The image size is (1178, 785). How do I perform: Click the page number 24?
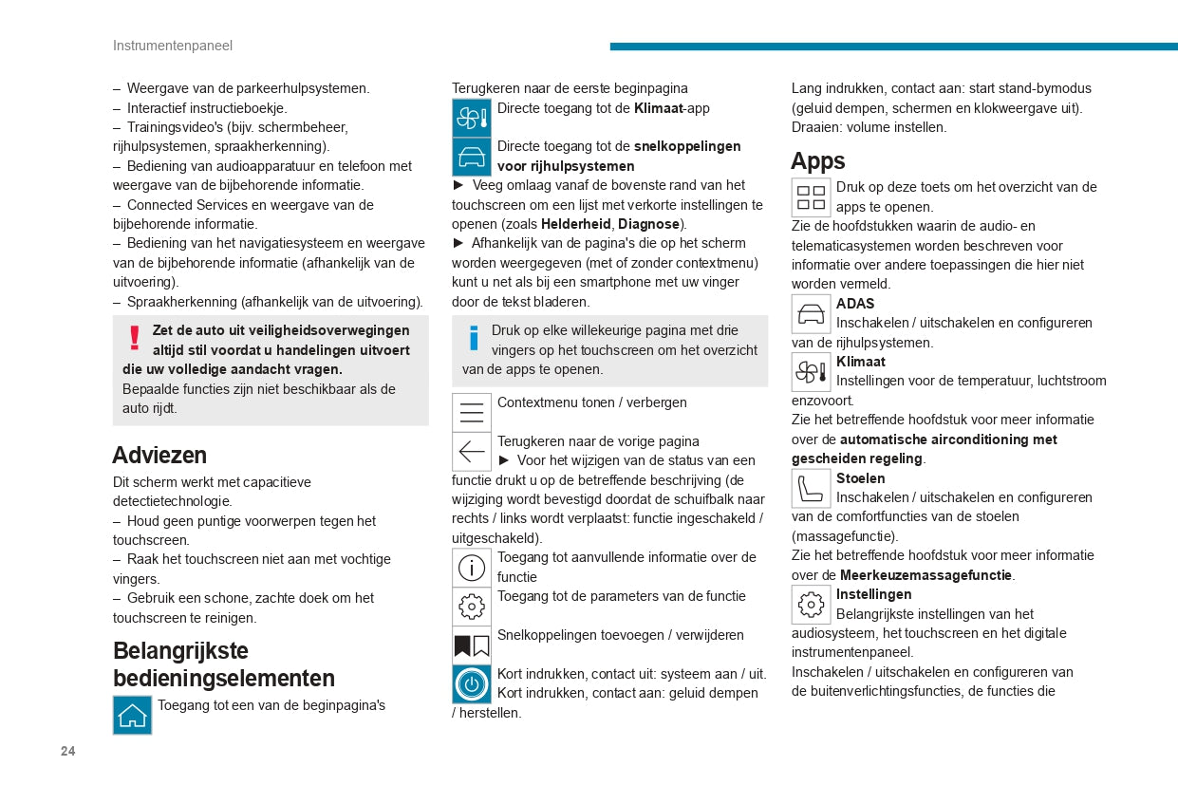point(67,751)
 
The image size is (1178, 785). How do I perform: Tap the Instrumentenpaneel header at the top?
point(172,46)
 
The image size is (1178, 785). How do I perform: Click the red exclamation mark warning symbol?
point(135,338)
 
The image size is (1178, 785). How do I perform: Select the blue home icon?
point(132,715)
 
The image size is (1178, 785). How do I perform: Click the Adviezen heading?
point(159,455)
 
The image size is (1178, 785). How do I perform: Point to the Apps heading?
point(817,160)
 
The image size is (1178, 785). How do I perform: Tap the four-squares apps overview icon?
point(811,196)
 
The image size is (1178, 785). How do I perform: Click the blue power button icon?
point(471,683)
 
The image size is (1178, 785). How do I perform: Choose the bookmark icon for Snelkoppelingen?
point(471,645)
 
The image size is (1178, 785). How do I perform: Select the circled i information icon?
point(471,568)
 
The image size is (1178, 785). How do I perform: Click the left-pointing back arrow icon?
point(471,451)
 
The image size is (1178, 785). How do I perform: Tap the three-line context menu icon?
point(471,412)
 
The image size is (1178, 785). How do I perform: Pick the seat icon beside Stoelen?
point(811,489)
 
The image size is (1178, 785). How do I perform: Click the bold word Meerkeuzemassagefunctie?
point(926,575)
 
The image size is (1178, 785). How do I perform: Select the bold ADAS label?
point(855,304)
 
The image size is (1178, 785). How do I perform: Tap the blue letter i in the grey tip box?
point(474,338)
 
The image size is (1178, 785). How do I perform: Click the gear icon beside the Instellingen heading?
point(811,605)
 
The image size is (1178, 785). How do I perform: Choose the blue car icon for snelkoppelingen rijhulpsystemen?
point(471,156)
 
